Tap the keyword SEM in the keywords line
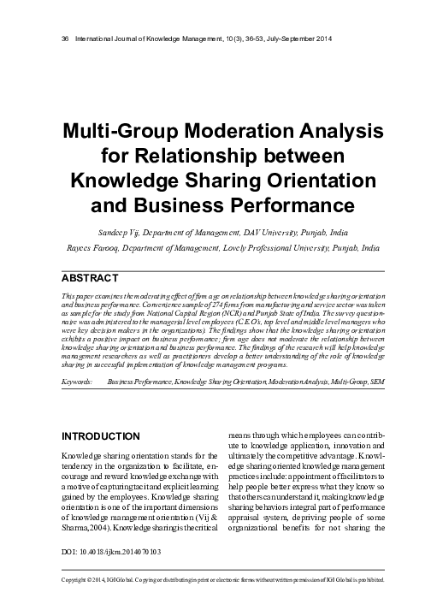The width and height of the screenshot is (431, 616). pos(376,375)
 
